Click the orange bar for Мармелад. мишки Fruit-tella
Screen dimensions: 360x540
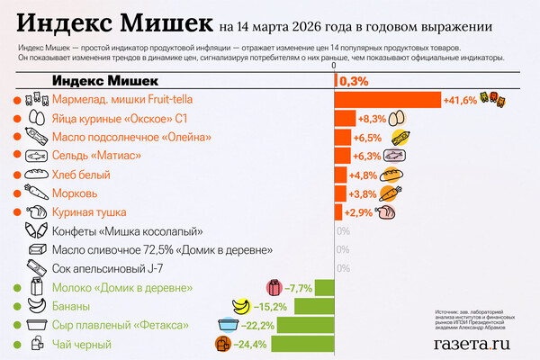pos(387,99)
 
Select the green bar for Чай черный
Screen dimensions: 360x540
pos(302,344)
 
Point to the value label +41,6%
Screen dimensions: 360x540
pos(460,100)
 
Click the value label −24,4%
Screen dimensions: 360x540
pos(250,345)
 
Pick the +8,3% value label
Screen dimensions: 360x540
pos(372,119)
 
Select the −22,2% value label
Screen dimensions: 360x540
pos(257,325)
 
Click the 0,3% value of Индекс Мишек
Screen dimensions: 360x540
pos(354,81)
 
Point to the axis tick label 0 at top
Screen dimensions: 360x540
pos(334,66)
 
